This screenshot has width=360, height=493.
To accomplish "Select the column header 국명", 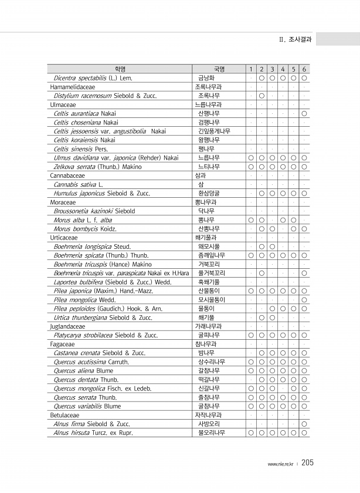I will coord(219,69).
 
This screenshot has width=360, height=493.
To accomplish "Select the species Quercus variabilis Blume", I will coord(87,406).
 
